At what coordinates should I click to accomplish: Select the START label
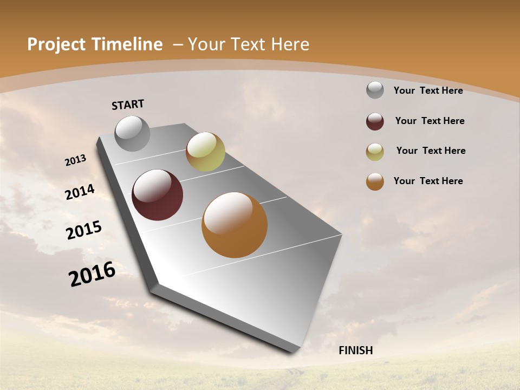(128, 105)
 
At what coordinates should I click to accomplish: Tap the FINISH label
(356, 350)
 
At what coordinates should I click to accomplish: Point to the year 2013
(75, 160)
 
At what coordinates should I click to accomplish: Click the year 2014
(80, 192)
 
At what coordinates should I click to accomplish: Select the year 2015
(84, 230)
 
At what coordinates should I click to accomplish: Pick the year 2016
(92, 274)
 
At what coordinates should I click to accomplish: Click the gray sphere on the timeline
(132, 133)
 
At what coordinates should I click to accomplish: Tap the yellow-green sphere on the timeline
(205, 151)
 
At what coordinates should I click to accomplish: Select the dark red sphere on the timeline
(158, 195)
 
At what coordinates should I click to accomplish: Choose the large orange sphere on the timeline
(235, 225)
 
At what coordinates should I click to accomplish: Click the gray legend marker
(375, 90)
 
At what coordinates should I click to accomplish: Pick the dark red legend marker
(375, 121)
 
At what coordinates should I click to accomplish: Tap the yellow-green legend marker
(375, 152)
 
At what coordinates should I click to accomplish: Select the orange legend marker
(375, 181)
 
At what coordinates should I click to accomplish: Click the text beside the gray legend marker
(428, 90)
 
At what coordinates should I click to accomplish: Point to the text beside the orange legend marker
(428, 181)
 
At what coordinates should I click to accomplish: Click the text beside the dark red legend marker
(430, 121)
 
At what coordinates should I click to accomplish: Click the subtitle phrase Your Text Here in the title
(249, 44)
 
